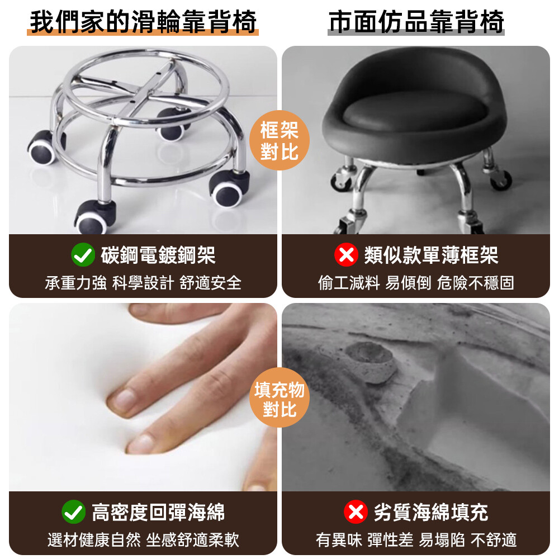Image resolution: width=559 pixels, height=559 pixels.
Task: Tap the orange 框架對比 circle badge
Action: (279, 140)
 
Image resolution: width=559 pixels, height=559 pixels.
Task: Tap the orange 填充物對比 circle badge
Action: (279, 397)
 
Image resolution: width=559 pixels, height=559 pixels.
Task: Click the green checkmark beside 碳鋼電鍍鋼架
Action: (83, 254)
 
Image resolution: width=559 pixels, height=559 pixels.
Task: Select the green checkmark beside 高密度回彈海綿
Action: (73, 511)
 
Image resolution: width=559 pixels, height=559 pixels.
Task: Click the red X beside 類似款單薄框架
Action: (346, 254)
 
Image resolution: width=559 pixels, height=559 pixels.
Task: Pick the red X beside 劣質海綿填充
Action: (356, 511)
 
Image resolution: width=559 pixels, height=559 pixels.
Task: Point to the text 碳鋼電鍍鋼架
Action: (158, 255)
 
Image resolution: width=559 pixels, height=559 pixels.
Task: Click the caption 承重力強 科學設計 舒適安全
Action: (143, 283)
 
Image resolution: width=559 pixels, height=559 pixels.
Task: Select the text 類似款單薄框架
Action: (431, 255)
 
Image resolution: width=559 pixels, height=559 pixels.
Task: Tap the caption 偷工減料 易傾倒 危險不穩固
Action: (416, 283)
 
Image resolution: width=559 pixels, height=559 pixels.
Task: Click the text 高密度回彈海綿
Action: (158, 512)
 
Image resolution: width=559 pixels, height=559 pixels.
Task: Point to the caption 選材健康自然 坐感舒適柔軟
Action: (143, 540)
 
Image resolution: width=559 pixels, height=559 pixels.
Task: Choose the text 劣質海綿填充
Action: (431, 512)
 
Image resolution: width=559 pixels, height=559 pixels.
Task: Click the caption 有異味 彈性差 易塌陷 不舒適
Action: (416, 540)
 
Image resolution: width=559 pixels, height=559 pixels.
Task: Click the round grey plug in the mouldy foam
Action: (371, 361)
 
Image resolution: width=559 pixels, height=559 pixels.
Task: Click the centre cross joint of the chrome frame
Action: (144, 93)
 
